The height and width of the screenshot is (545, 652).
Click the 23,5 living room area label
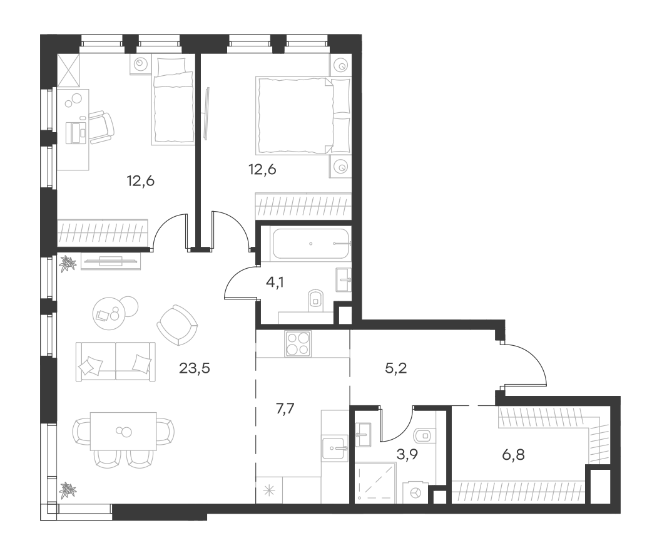(195, 368)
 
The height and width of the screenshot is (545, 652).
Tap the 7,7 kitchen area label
(285, 409)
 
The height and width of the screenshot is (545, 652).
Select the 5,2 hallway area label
(396, 368)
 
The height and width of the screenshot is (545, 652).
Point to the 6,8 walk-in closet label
(513, 455)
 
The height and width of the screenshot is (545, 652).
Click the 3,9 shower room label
(407, 454)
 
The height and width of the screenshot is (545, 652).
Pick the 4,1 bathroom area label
(275, 283)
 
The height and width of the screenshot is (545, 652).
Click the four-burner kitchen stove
(298, 343)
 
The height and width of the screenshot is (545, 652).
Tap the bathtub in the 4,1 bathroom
(311, 244)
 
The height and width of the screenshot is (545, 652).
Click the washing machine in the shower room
(415, 492)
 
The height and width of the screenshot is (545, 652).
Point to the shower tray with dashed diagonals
(375, 483)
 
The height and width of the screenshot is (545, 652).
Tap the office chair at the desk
(101, 127)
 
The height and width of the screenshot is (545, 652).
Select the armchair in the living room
(177, 325)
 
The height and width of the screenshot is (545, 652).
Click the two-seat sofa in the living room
(116, 361)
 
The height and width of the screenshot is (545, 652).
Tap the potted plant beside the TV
(68, 264)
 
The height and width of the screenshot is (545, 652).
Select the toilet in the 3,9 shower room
(424, 436)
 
